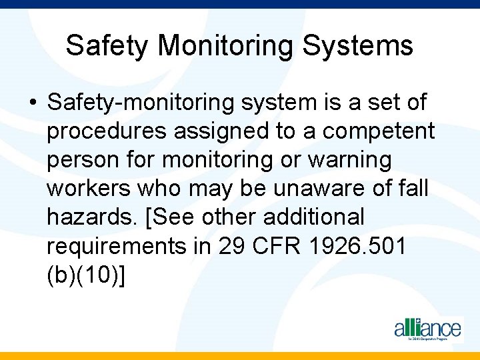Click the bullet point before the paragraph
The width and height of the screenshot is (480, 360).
(32, 103)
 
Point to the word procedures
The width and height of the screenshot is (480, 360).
(107, 132)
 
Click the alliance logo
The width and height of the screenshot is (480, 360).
(427, 328)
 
